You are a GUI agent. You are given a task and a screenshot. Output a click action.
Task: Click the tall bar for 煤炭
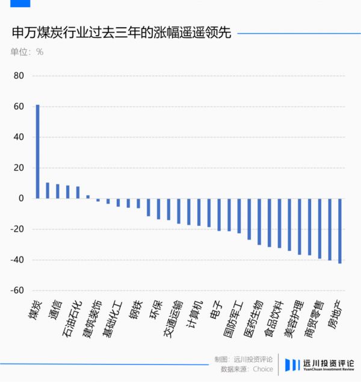pos(37,151)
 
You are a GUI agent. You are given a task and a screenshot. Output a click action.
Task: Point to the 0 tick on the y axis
pos(21,198)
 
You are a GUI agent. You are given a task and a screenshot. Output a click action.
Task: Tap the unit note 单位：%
pos(27,52)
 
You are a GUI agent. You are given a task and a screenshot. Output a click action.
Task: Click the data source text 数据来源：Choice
pos(247,369)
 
